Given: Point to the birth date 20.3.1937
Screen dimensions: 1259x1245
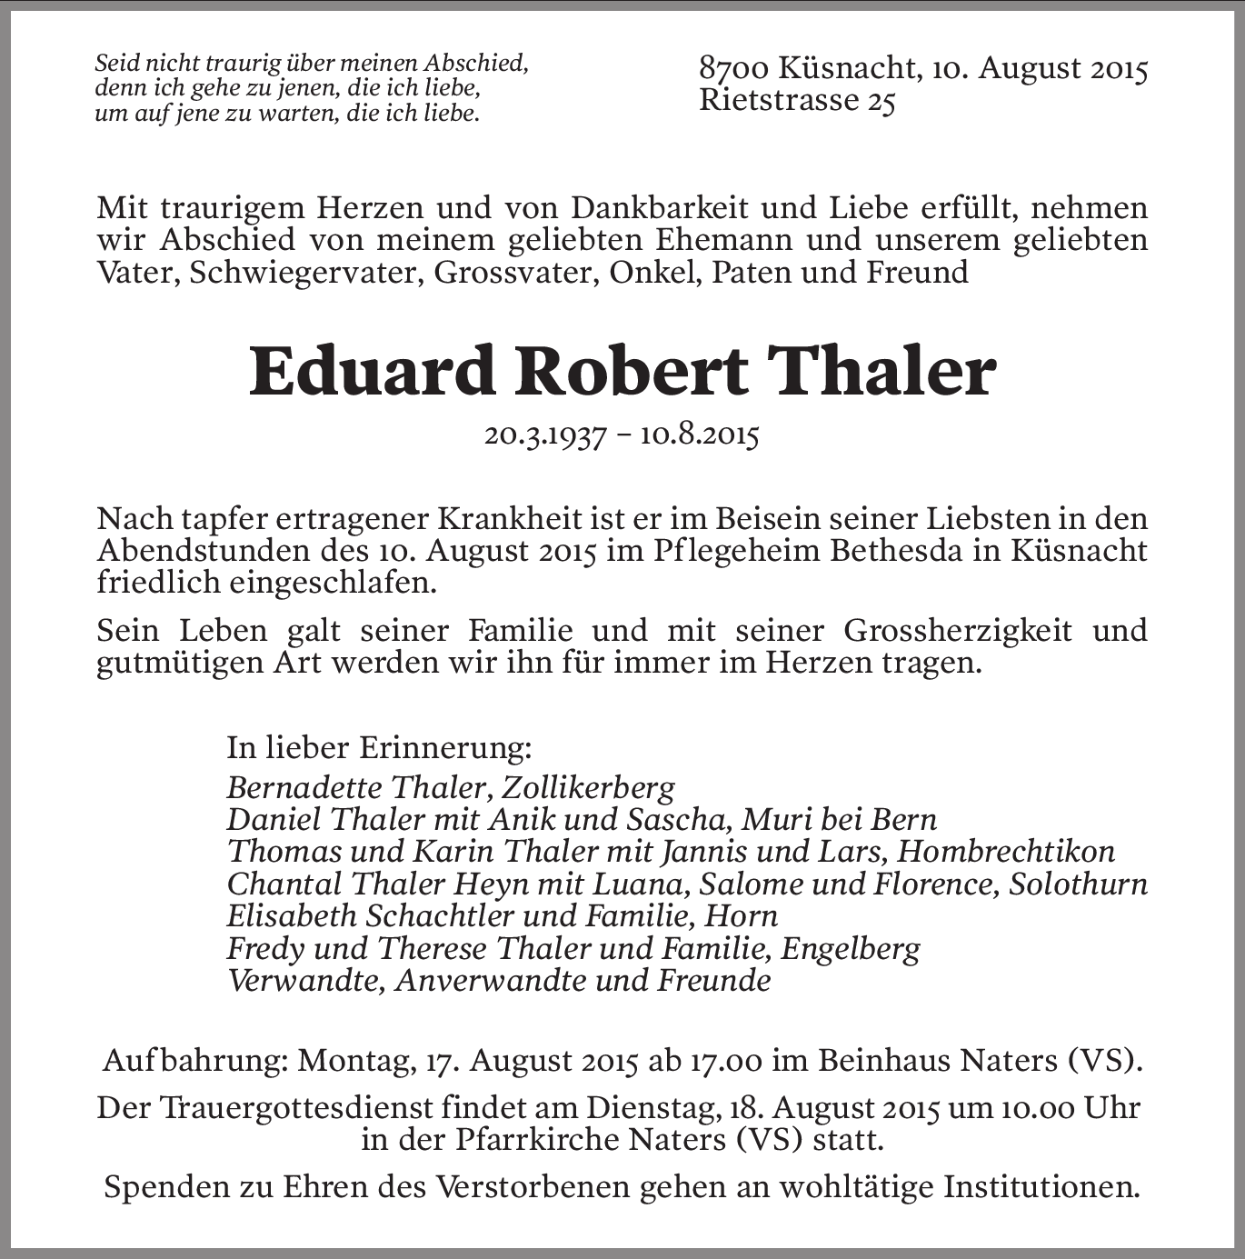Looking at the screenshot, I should point(544,436).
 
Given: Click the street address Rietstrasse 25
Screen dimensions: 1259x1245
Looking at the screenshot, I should point(797,101).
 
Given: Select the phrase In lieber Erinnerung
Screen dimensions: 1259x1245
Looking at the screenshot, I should point(378,748).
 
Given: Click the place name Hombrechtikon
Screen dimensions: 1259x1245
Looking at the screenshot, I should point(1005,852).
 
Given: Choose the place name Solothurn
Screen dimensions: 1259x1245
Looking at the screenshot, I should point(1078,884).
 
